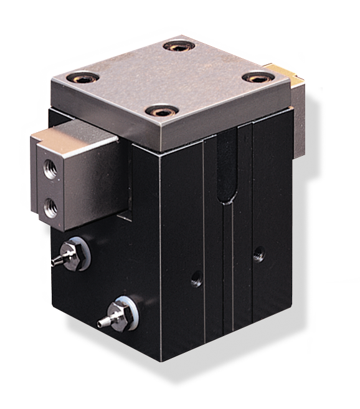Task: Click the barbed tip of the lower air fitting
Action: click(102, 323)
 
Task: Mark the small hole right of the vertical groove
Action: click(258, 254)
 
